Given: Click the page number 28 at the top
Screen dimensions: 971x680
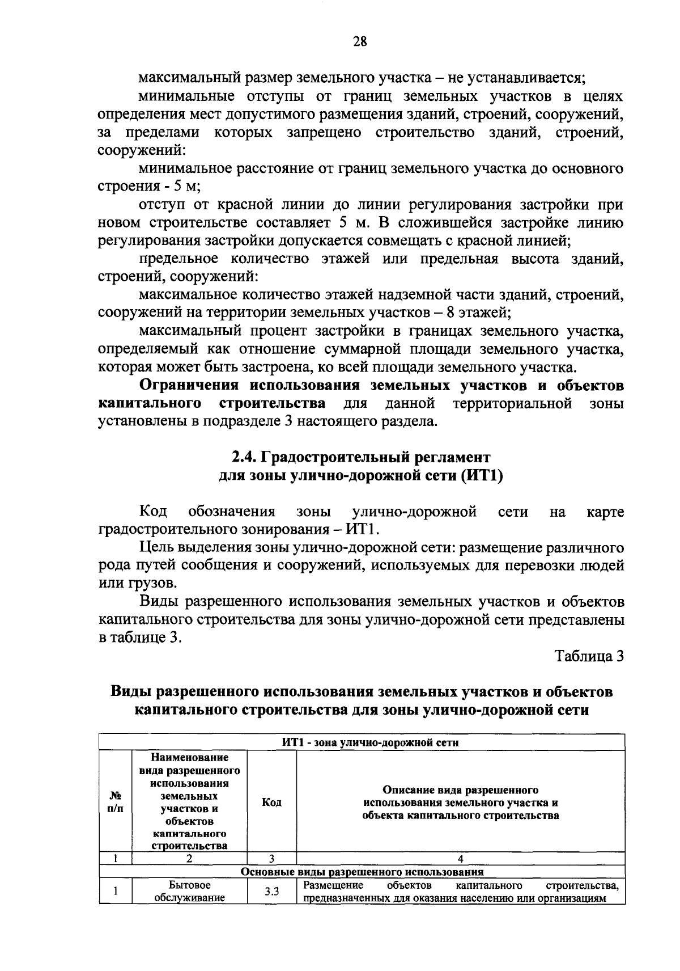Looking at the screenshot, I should coord(360,41).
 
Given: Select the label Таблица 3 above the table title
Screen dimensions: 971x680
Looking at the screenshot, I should coord(589,656).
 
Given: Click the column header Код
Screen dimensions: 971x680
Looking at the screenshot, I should coord(272,803).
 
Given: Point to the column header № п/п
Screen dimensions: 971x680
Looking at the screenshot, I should coord(115,803).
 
